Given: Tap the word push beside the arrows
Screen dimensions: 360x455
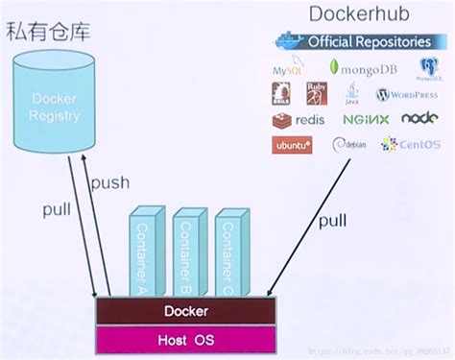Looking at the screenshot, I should (109, 183).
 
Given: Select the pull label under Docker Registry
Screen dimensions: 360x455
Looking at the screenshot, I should (57, 209).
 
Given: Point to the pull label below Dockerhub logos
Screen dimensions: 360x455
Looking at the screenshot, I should (332, 220).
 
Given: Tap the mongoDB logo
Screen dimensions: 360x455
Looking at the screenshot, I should (363, 68).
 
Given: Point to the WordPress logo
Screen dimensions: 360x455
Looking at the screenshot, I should (407, 95).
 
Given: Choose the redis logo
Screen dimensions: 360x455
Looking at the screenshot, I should (299, 120).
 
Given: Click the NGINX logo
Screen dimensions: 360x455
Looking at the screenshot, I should (366, 120).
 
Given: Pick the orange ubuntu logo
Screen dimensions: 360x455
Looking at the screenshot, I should (293, 146).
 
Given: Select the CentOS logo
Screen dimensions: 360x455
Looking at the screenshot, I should (410, 145).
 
